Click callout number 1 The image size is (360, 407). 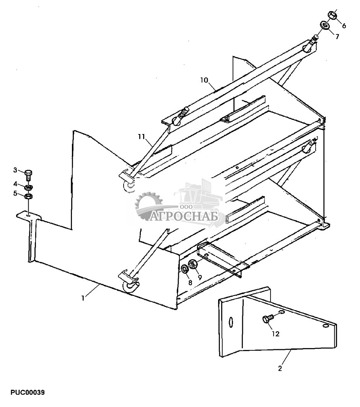83,297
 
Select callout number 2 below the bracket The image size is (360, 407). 280,369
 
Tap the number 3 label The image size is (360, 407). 16,170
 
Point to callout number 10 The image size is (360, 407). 204,80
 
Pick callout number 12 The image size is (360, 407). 275,334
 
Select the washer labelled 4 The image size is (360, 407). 28,188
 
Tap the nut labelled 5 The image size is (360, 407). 28,197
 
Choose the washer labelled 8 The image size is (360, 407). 185,268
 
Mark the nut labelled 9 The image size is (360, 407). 193,264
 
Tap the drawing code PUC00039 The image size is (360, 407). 28,392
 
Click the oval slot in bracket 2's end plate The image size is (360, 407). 230,322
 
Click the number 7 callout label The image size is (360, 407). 337,37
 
